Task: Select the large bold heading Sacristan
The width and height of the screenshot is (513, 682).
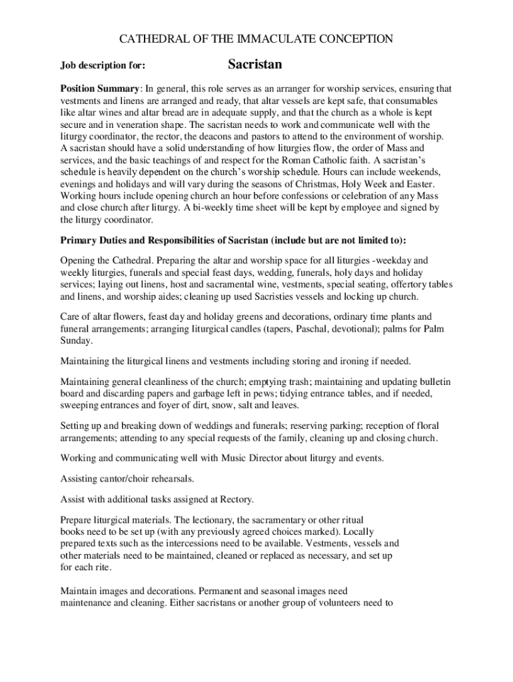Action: coord(255,65)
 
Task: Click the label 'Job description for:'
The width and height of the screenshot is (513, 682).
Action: coord(103,66)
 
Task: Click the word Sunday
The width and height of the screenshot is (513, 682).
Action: coord(76,341)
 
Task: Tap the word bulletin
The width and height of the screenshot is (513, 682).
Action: coord(434,382)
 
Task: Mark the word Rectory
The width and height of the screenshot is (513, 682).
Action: coord(253,500)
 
